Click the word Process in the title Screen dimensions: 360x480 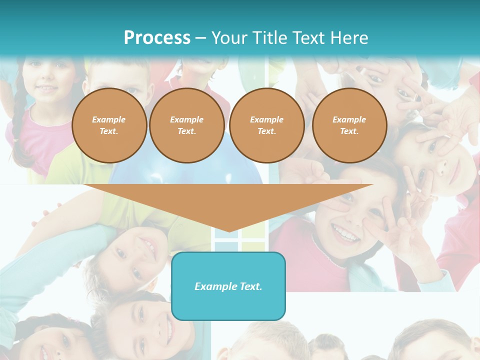coord(157,38)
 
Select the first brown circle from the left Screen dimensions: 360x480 coord(109,125)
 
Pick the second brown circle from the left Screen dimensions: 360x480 coord(186,125)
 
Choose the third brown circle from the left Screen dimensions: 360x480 coord(266,125)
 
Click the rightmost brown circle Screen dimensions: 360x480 coord(349,125)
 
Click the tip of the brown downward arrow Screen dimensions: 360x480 coord(228,230)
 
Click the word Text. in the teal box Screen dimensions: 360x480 coord(250,286)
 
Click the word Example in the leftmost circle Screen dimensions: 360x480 coord(109,119)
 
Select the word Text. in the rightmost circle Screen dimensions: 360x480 coord(349,131)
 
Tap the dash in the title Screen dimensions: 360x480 coord(200,38)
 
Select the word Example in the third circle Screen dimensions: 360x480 coord(266,119)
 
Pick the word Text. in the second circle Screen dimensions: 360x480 coord(186,131)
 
